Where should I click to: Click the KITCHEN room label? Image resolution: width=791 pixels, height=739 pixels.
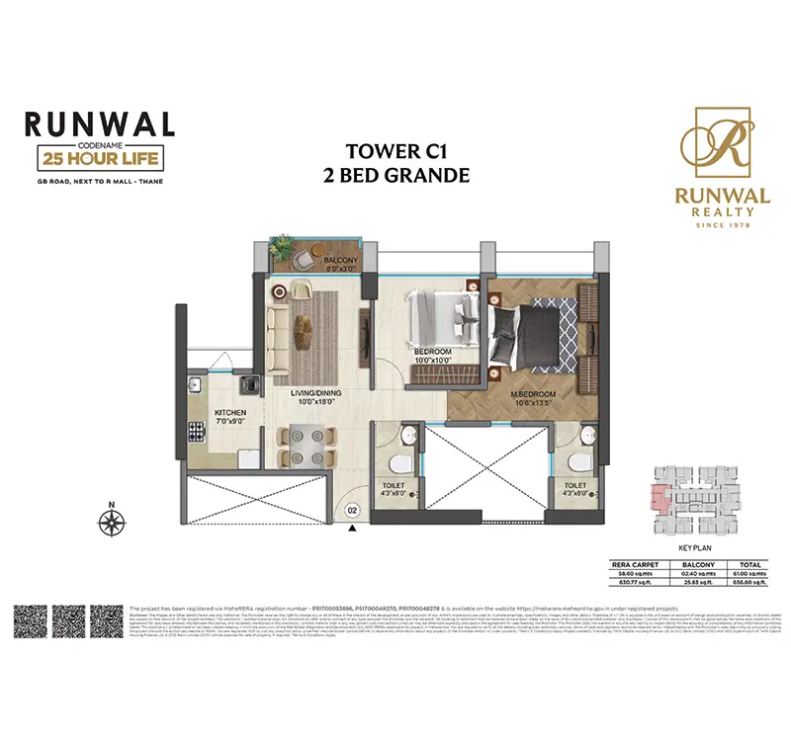(x=230, y=413)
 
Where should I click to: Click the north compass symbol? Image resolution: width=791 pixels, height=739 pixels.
(x=112, y=518)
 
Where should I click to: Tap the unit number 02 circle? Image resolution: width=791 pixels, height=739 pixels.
(x=352, y=510)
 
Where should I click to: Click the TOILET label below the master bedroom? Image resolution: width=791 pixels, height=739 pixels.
(x=575, y=486)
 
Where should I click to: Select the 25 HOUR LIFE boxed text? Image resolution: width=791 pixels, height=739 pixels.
(x=98, y=156)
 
